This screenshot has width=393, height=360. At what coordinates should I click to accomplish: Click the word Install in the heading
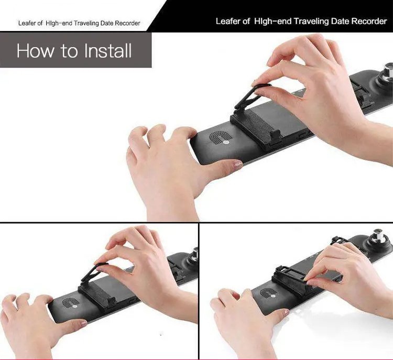pyautogui.click(x=108, y=51)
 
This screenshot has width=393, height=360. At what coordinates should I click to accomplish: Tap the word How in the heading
pyautogui.click(x=35, y=51)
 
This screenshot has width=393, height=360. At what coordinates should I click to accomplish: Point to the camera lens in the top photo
pyautogui.click(x=387, y=71)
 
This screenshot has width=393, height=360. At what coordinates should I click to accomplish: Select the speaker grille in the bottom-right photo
pyautogui.click(x=269, y=293)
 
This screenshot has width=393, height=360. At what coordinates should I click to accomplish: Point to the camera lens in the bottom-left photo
pyautogui.click(x=194, y=255)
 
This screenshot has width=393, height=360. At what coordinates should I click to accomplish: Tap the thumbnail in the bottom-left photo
pyautogui.click(x=83, y=323)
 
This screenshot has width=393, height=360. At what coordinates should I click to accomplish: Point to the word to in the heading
pyautogui.click(x=69, y=51)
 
